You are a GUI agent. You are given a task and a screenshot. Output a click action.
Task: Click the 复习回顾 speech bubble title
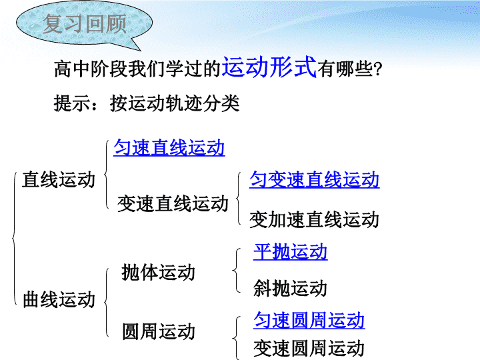click(85, 23)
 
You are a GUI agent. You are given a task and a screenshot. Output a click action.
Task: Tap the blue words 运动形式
click(269, 67)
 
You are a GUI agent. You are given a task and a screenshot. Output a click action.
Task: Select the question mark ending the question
click(378, 69)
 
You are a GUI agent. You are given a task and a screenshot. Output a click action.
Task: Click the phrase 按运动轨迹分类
click(175, 103)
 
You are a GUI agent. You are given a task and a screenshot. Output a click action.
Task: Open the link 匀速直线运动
click(169, 147)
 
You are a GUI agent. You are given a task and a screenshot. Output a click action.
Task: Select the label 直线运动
click(59, 179)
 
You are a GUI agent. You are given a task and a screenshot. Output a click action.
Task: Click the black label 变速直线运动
click(173, 203)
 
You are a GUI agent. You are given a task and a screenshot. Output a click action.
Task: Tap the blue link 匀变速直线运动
click(315, 179)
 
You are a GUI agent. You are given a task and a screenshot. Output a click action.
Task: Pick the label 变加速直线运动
click(315, 219)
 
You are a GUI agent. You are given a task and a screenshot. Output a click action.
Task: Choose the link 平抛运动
click(290, 252)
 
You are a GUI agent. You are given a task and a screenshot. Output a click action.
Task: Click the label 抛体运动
click(158, 272)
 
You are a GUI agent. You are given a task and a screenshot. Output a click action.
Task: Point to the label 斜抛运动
click(290, 288)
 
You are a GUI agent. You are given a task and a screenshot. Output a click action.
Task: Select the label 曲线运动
click(59, 299)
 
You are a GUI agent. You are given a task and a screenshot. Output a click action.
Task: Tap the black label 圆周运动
click(159, 331)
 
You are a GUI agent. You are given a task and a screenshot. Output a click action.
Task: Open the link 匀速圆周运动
click(309, 320)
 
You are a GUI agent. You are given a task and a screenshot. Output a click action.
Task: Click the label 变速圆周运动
click(309, 348)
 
